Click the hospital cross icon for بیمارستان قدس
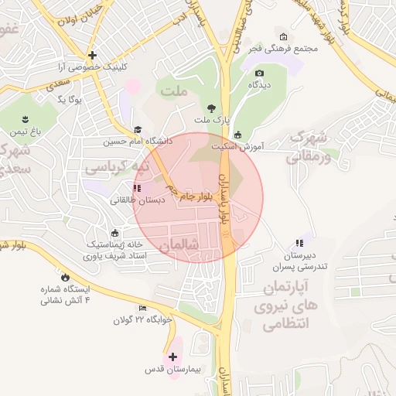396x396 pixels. [x=172, y=357]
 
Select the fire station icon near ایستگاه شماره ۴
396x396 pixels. [x=65, y=275]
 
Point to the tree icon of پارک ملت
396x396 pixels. [x=212, y=108]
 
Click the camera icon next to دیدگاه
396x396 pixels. [x=259, y=73]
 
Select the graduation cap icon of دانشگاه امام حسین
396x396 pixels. [x=138, y=130]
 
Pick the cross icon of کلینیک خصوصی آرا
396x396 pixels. [x=91, y=55]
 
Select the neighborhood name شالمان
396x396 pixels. [x=179, y=245]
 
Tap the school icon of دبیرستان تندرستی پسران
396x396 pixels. [x=299, y=243]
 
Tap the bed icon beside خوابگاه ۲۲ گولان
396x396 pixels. [x=142, y=308]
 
